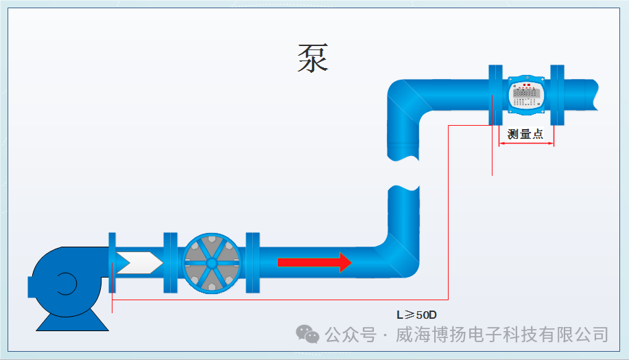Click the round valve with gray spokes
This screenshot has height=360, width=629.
(212, 262)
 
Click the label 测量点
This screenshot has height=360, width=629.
(525, 135)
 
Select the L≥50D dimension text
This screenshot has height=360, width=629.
(416, 315)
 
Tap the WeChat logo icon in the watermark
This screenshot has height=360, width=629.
(307, 335)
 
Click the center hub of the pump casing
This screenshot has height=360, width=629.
(66, 284)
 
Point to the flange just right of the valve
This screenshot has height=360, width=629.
(252, 262)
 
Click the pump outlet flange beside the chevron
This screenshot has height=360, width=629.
(112, 262)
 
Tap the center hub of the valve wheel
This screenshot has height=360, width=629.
(212, 262)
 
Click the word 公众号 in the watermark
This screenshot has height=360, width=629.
(351, 335)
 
